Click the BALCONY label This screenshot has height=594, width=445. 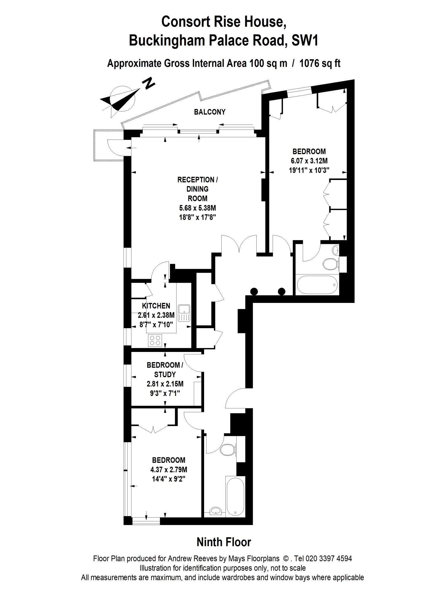(210, 112)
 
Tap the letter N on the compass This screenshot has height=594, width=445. (149, 83)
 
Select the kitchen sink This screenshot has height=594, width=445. (184, 312)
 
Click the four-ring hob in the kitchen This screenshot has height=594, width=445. (155, 340)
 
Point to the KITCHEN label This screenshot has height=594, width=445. (156, 306)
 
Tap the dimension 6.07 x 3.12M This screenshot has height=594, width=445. (309, 161)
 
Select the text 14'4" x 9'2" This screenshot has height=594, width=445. (168, 479)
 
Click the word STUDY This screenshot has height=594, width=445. (165, 375)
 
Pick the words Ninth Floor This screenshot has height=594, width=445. (224, 542)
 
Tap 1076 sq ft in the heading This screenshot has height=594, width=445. (320, 64)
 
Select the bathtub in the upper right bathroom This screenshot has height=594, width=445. (317, 285)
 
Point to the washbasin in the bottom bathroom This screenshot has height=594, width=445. (215, 511)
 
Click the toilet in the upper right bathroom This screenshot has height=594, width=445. (330, 264)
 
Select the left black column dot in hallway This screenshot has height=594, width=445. (254, 291)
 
